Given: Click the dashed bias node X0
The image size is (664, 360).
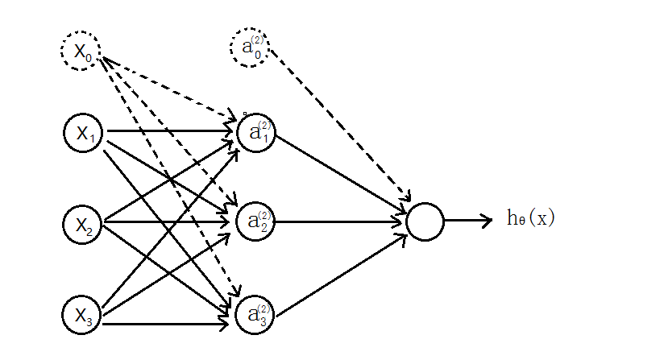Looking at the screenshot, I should pyautogui.click(x=81, y=52).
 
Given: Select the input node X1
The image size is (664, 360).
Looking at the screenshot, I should pyautogui.click(x=84, y=133).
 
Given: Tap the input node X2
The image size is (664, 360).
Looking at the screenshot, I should pyautogui.click(x=84, y=225).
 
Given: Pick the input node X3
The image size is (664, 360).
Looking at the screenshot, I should pyautogui.click(x=84, y=315).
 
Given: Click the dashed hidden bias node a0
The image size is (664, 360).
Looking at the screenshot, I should pyautogui.click(x=250, y=48).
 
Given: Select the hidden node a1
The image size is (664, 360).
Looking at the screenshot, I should pyautogui.click(x=257, y=132).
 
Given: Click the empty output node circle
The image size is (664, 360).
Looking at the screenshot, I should pyautogui.click(x=425, y=221).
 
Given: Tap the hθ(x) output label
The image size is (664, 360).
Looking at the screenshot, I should pyautogui.click(x=531, y=217).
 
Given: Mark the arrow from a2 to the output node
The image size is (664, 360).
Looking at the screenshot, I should pyautogui.click(x=338, y=221).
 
